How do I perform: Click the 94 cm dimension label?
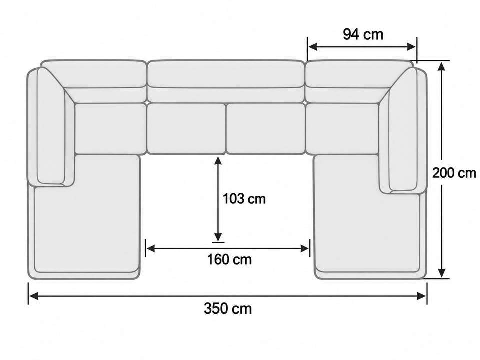[363, 34]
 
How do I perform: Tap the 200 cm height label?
[454, 173]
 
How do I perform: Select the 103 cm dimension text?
[244, 199]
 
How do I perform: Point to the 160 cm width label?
[229, 260]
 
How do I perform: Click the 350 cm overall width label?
[228, 308]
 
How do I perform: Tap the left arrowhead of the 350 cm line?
[33, 296]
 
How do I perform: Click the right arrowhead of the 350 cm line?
[422, 296]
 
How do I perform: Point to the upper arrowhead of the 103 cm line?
[218, 162]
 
